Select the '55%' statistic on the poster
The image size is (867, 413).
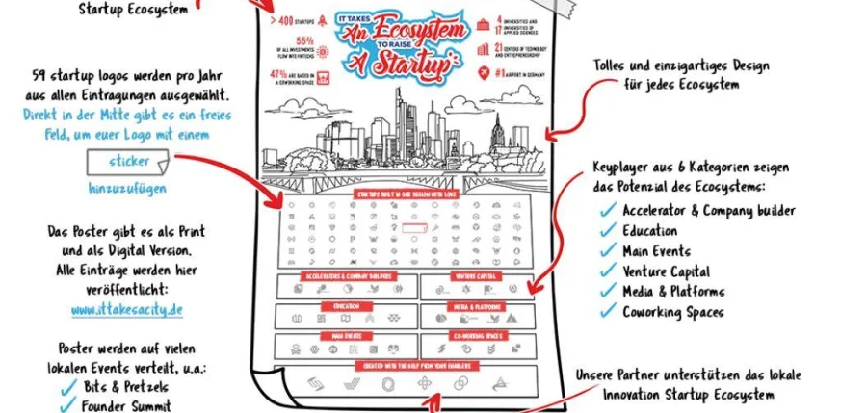point(305,41)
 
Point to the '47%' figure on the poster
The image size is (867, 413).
point(280,72)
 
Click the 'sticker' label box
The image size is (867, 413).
point(129,160)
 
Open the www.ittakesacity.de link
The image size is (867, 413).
point(126,310)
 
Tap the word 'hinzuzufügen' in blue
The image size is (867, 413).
point(128,188)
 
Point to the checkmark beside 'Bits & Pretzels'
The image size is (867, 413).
point(68,386)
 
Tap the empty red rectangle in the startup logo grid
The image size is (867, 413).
point(414,229)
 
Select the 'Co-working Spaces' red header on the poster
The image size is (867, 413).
point(476,336)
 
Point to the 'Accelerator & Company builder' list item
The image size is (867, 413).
point(708,211)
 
